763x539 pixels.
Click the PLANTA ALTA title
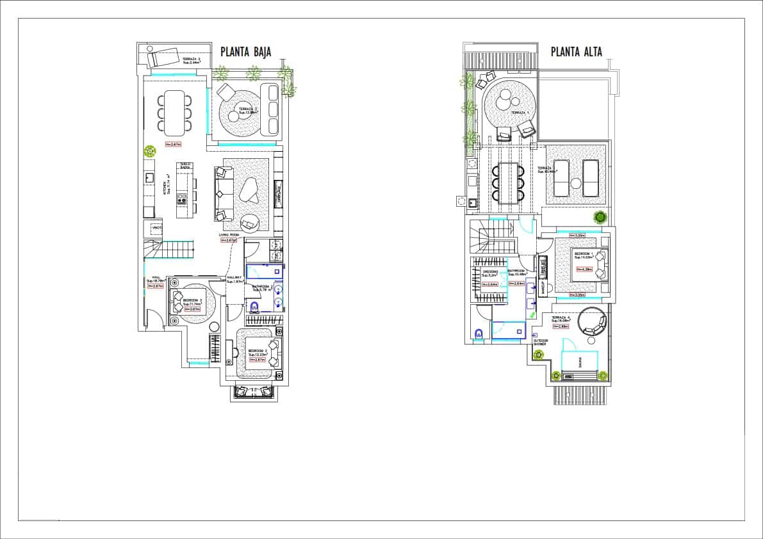pos(577,52)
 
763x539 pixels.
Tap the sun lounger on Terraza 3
pos(165,58)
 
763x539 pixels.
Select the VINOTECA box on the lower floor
pos(156,228)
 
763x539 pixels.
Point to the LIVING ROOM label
pos(229,235)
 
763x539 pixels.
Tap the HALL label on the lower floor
pos(155,277)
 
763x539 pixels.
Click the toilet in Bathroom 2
pos(253,307)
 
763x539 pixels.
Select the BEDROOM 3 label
pos(192,300)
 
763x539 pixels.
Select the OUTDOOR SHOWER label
pos(541,342)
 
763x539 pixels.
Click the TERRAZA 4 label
pos(561,318)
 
